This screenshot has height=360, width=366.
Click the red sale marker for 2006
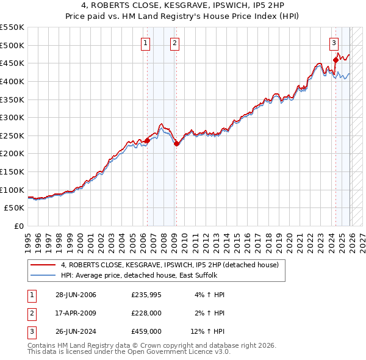pos(147,140)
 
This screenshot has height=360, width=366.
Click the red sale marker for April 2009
pos(176,144)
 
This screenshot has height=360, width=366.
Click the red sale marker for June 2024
pos(335,60)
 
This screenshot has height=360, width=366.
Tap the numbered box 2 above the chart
pos(175,43)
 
